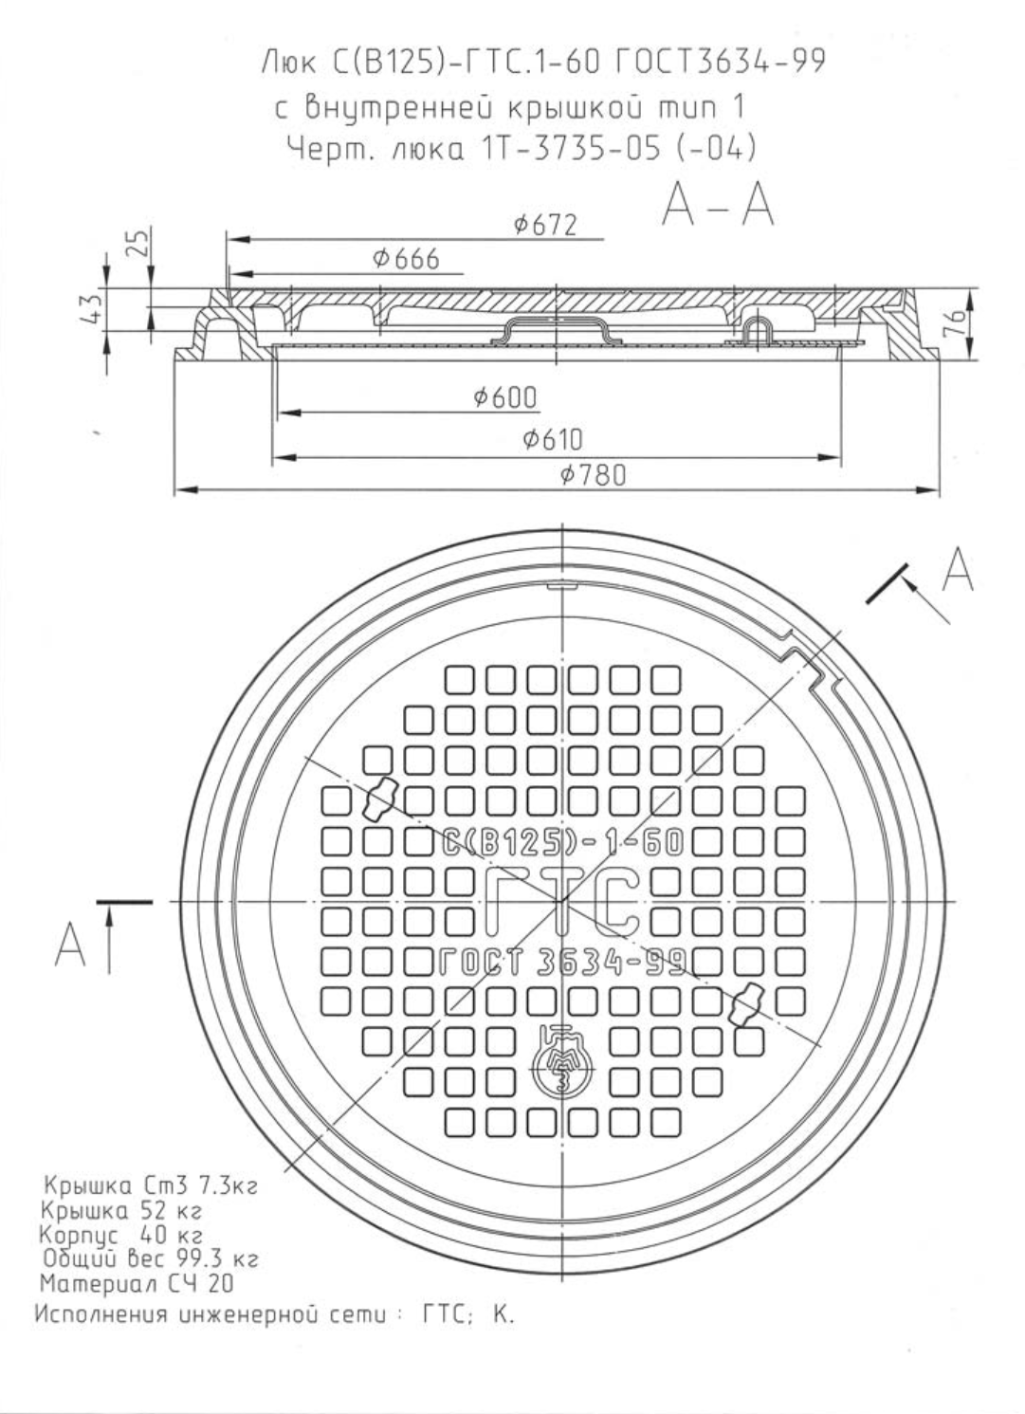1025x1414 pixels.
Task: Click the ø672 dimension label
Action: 545,225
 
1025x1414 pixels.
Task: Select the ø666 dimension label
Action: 406,259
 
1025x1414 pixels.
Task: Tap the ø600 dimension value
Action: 505,397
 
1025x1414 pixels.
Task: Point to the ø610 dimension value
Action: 552,439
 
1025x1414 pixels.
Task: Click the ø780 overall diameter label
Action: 594,475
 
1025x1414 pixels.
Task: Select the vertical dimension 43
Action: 93,307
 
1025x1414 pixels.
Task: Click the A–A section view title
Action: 718,206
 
